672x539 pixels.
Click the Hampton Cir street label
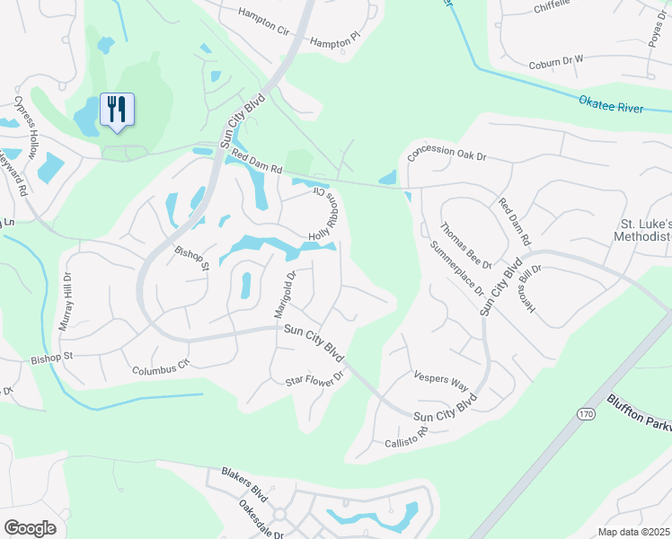point(264,22)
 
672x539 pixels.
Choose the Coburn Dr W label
point(556,61)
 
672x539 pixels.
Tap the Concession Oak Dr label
point(447,154)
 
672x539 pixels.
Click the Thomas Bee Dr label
point(465,245)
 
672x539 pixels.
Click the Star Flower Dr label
point(314,381)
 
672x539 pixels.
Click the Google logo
point(30,527)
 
